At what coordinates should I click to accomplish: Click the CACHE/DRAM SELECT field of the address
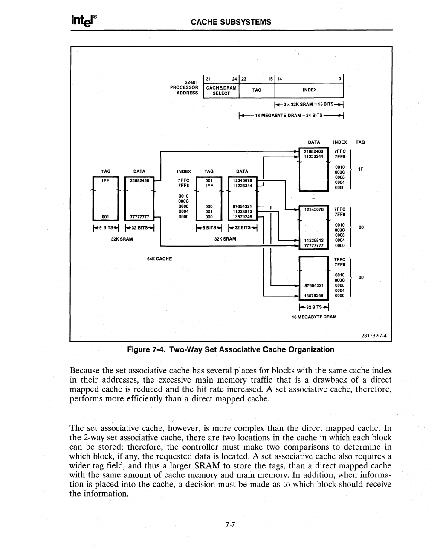[x=221, y=90]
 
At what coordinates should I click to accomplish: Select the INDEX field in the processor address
[x=309, y=90]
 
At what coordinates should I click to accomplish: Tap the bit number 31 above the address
[x=208, y=78]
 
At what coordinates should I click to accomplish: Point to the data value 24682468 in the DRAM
[x=314, y=151]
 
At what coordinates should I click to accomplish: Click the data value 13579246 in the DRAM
[x=314, y=295]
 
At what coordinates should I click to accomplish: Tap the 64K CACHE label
[x=159, y=259]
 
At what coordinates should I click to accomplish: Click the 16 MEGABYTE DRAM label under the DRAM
[x=314, y=317]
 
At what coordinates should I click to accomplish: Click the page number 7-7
[x=231, y=525]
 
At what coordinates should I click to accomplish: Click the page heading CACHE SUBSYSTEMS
[x=231, y=22]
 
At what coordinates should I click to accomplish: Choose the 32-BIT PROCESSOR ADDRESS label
[x=185, y=87]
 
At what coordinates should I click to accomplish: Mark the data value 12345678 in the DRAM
[x=314, y=209]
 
